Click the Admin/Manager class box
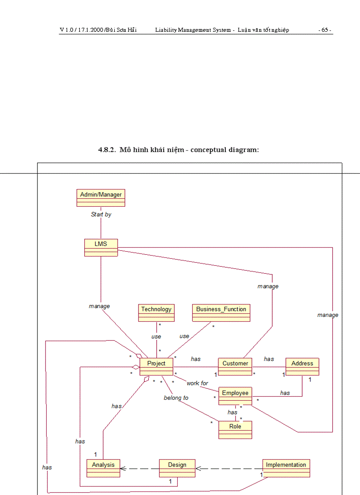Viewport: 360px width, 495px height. point(101,198)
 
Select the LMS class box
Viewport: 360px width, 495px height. point(101,247)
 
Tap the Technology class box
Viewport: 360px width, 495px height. point(156,313)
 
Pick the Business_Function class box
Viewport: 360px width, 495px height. point(221,313)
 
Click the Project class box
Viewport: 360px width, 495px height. point(156,367)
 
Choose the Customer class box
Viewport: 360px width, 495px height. point(235,367)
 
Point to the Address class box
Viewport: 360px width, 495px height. point(302,367)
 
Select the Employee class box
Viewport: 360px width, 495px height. point(235,396)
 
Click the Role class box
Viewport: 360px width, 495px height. point(235,430)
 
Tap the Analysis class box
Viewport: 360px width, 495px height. point(103,468)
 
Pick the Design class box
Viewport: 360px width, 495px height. point(177,468)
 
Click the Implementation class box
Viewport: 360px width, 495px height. point(286,468)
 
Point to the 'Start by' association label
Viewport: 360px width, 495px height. point(101,215)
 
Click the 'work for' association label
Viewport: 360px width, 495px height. point(197,383)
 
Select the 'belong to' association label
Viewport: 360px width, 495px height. point(176,398)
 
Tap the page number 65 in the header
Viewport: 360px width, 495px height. point(325,30)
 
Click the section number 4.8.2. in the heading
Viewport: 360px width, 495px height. point(107,150)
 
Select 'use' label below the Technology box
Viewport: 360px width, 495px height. point(156,337)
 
